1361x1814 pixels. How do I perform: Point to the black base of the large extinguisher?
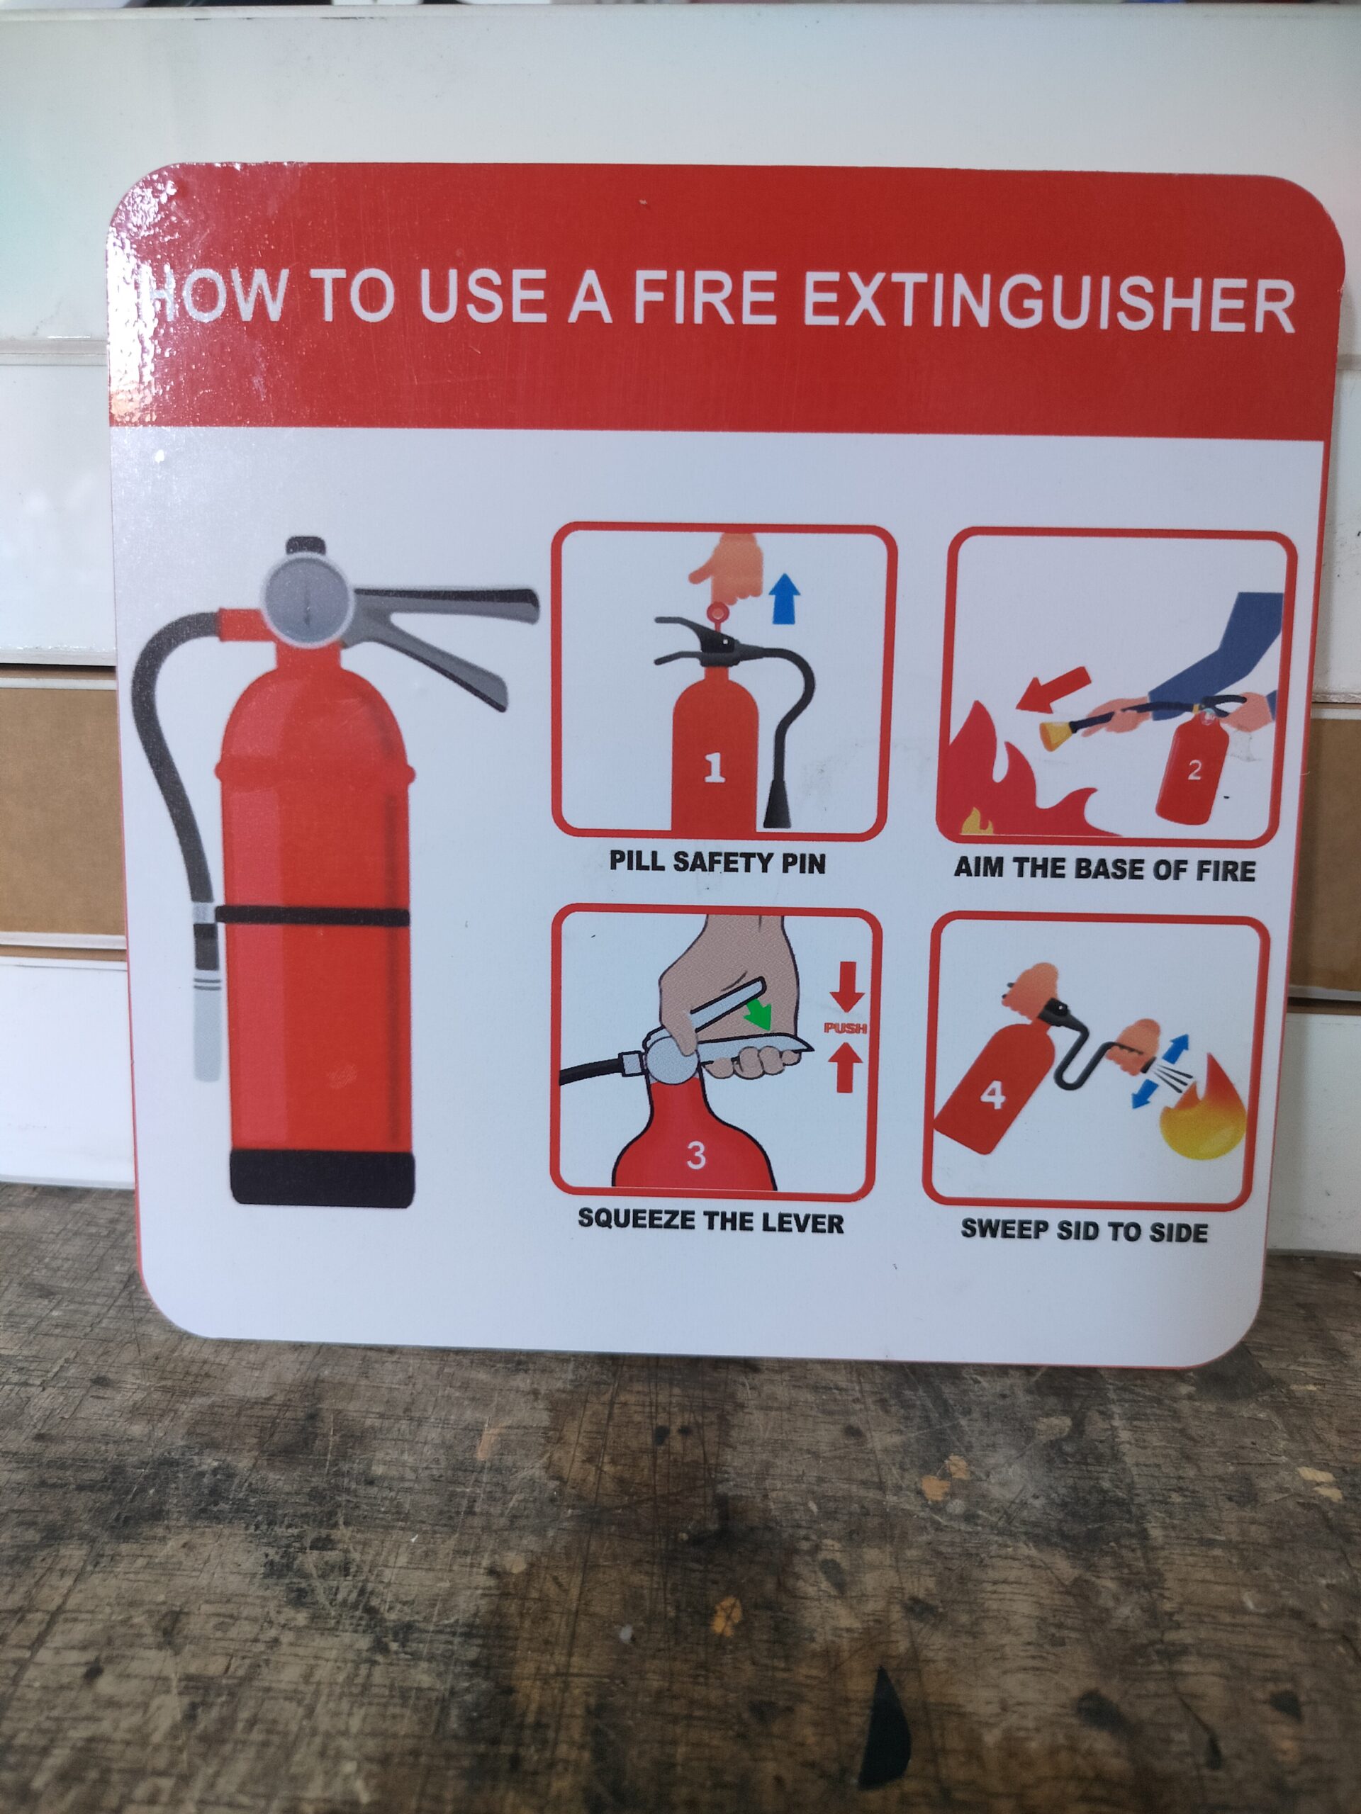323,1177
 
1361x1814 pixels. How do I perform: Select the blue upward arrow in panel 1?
785,598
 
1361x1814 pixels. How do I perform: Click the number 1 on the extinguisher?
714,767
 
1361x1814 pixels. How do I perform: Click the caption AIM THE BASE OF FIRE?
1104,869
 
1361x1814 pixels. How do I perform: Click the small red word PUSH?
845,1027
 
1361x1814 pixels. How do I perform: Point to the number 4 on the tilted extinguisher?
992,1095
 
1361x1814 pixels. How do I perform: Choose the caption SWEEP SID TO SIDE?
1085,1231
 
